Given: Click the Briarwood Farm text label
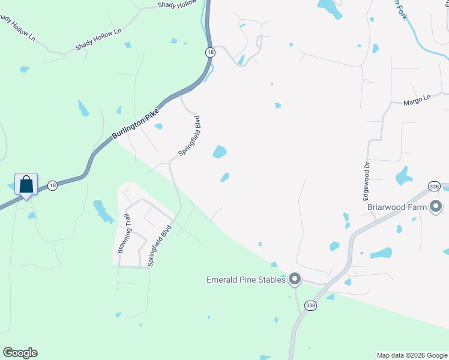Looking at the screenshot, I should [397, 208].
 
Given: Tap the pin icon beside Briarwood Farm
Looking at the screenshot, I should [436, 207].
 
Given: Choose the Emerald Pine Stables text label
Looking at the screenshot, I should [247, 279].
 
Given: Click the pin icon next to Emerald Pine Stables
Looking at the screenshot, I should [295, 278].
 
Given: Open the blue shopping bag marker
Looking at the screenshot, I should [26, 184].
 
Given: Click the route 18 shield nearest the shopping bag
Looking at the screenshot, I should [53, 185].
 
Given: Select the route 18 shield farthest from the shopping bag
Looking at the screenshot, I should [209, 52].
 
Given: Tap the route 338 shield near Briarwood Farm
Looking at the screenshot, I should [435, 187].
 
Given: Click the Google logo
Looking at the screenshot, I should [20, 352].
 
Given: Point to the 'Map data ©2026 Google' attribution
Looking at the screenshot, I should [412, 355].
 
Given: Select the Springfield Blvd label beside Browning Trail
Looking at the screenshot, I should [160, 245].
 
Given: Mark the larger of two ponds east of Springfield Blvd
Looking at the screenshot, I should [220, 152].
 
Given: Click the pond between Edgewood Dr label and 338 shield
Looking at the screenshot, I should [403, 176].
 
